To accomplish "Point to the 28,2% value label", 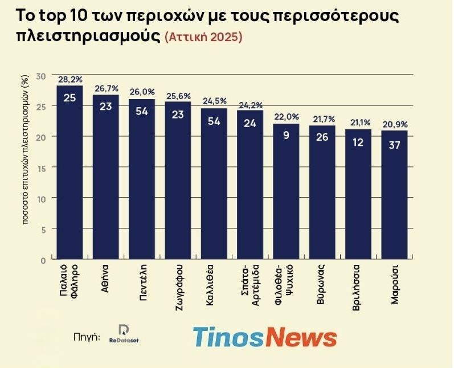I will [70, 79].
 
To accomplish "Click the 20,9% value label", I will [394, 124].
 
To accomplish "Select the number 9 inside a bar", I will [286, 136].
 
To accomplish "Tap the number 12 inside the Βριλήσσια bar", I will [358, 142].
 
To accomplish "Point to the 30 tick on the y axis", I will [40, 76].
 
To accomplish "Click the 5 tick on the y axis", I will [43, 228].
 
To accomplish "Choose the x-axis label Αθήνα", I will [106, 277].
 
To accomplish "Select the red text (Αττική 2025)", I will [203, 38].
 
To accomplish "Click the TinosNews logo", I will [264, 337].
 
